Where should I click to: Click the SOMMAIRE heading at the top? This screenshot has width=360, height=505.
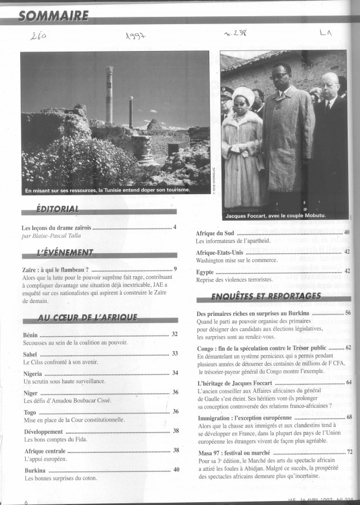pos(53,15)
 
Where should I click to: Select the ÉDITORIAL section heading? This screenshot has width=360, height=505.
pos(57,210)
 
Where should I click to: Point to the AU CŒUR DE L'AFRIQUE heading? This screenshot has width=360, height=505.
pos(87,318)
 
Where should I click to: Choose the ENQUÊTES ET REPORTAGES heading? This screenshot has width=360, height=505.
pos(266,296)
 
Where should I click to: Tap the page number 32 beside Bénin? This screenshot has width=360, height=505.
pos(174,334)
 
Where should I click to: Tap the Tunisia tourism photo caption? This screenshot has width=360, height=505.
pos(108,190)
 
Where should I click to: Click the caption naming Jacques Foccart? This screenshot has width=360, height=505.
pos(275,215)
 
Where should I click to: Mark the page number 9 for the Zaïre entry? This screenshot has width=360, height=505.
pos(175,269)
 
